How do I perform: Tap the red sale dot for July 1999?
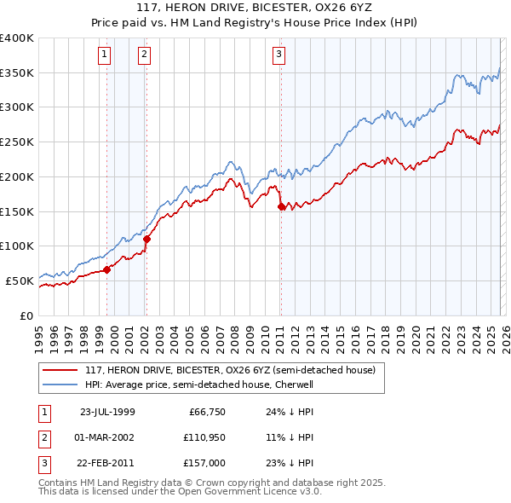[107, 269]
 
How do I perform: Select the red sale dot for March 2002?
[146, 239]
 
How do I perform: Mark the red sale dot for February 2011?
[281, 206]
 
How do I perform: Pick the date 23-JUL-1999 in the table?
[106, 412]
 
